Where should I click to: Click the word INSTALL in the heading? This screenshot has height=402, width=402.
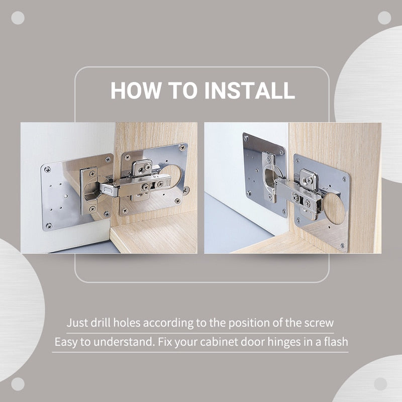[x=250, y=90]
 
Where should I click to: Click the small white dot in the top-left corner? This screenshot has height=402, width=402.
[x=18, y=18]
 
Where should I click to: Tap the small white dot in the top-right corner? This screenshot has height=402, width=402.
[x=384, y=18]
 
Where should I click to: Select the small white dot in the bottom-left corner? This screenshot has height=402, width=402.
[x=18, y=384]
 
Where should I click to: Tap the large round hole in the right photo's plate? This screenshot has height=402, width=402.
[x=334, y=208]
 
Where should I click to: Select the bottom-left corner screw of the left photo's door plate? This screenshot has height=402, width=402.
[x=49, y=226]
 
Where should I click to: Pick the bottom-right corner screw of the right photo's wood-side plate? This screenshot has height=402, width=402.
[x=342, y=246]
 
